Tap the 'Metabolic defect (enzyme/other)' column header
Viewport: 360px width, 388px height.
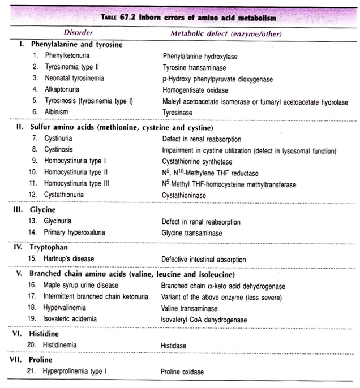[x=225, y=33]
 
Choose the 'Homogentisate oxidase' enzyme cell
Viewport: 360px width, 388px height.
[x=195, y=89]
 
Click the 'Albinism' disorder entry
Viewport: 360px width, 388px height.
[x=56, y=111]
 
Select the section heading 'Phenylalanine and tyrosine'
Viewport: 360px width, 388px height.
[x=76, y=45]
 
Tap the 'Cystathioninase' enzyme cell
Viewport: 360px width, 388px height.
[x=185, y=195]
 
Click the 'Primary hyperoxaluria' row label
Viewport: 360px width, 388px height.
[x=74, y=232]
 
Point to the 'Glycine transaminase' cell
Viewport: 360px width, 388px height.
[x=192, y=232]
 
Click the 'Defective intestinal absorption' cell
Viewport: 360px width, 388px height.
[x=206, y=259]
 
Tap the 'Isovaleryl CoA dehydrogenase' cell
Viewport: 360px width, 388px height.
[x=204, y=320]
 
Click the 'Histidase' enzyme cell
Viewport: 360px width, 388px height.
[x=176, y=345]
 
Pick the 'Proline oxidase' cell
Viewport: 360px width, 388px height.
[x=183, y=372]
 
